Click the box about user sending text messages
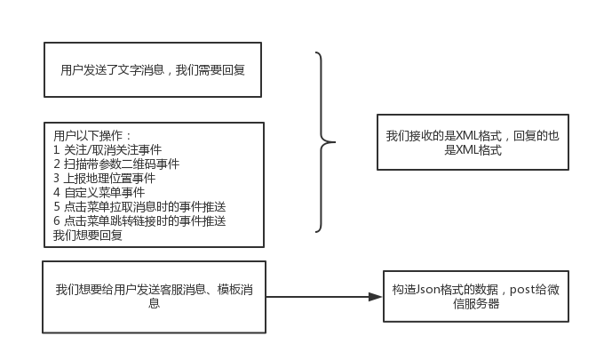[x=153, y=69]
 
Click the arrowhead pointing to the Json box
[x=375, y=297]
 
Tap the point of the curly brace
[x=334, y=142]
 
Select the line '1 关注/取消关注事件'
[x=107, y=150]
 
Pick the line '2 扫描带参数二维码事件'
[x=116, y=164]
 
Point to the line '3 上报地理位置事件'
[x=105, y=178]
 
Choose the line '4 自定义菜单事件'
[x=99, y=192]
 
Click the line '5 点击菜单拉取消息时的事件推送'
[x=139, y=206]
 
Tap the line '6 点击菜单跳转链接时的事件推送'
[x=139, y=220]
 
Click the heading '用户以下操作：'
[x=92, y=136]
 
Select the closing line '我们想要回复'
[x=87, y=236]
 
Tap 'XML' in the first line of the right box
[x=467, y=136]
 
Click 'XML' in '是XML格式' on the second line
[x=467, y=150]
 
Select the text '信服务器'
[x=476, y=304]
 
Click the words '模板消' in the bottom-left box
[x=235, y=290]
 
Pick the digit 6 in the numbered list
[x=57, y=220]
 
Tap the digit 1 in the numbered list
[x=56, y=150]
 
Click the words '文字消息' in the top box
[x=140, y=70]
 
